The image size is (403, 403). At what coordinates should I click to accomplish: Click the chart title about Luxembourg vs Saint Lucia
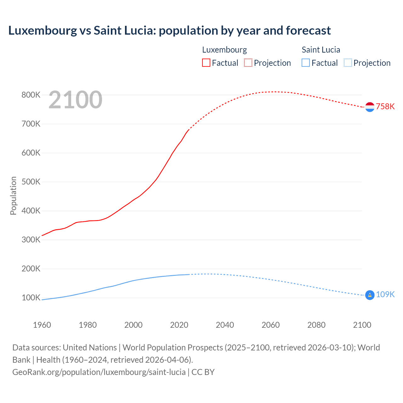pos(169,31)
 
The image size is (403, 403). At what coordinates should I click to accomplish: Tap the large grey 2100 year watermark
pos(75,100)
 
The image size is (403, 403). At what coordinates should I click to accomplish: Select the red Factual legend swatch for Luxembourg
pos(206,63)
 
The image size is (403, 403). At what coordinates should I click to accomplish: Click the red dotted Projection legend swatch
pos(248,63)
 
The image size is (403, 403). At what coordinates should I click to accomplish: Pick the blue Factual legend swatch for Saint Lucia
pos(305,63)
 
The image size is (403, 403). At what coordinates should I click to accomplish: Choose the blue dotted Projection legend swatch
pos(348,63)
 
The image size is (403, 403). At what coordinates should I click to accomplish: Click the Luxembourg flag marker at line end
pos(370,107)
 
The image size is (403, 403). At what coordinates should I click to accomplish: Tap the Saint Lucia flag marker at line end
pos(370,295)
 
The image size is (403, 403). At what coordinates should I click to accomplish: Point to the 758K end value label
pos(385,107)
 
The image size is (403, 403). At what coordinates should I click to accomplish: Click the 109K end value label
pos(385,294)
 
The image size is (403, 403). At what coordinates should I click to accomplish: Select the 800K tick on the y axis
pos(31,95)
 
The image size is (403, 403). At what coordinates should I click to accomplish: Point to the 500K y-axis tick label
pos(31,182)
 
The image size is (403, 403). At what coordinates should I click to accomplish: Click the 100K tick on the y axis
pos(31,298)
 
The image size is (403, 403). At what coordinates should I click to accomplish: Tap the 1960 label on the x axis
pos(42,325)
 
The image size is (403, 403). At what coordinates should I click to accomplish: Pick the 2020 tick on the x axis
pos(179,325)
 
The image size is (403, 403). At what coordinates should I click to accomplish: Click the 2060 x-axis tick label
pos(270,325)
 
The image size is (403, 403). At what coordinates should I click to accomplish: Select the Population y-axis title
pos(13,196)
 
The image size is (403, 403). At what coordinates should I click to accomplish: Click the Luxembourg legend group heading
pos(224,50)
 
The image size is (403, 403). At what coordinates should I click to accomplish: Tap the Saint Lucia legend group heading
pos(321,50)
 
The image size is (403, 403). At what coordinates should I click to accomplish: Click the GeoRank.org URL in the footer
pos(99,372)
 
